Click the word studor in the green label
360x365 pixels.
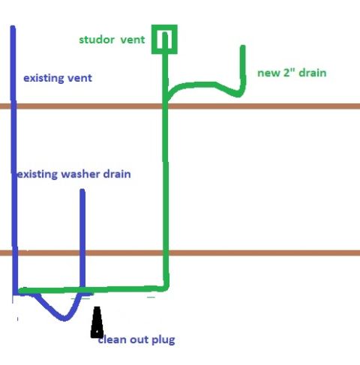point(97,40)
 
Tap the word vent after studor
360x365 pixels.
point(133,40)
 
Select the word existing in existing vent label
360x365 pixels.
point(43,78)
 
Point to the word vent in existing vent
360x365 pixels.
point(79,78)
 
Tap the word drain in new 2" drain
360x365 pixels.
point(313,73)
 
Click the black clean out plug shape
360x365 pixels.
point(97,322)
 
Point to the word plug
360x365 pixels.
point(163,340)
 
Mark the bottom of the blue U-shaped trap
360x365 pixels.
point(64,319)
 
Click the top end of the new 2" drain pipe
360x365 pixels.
point(243,46)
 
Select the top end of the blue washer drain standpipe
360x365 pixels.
point(82,190)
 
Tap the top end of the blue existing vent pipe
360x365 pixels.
point(13,27)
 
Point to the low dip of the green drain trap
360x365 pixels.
point(238,94)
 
